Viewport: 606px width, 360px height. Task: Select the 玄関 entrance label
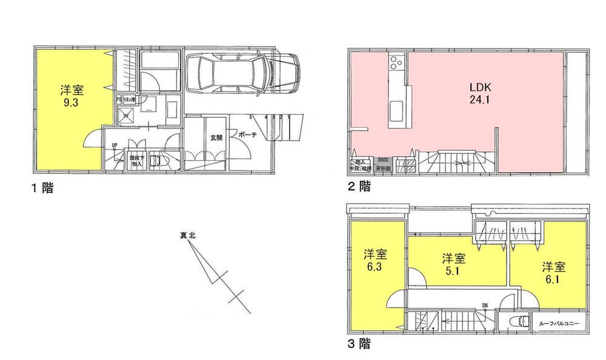click(x=216, y=138)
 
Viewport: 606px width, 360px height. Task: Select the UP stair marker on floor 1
click(x=114, y=145)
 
